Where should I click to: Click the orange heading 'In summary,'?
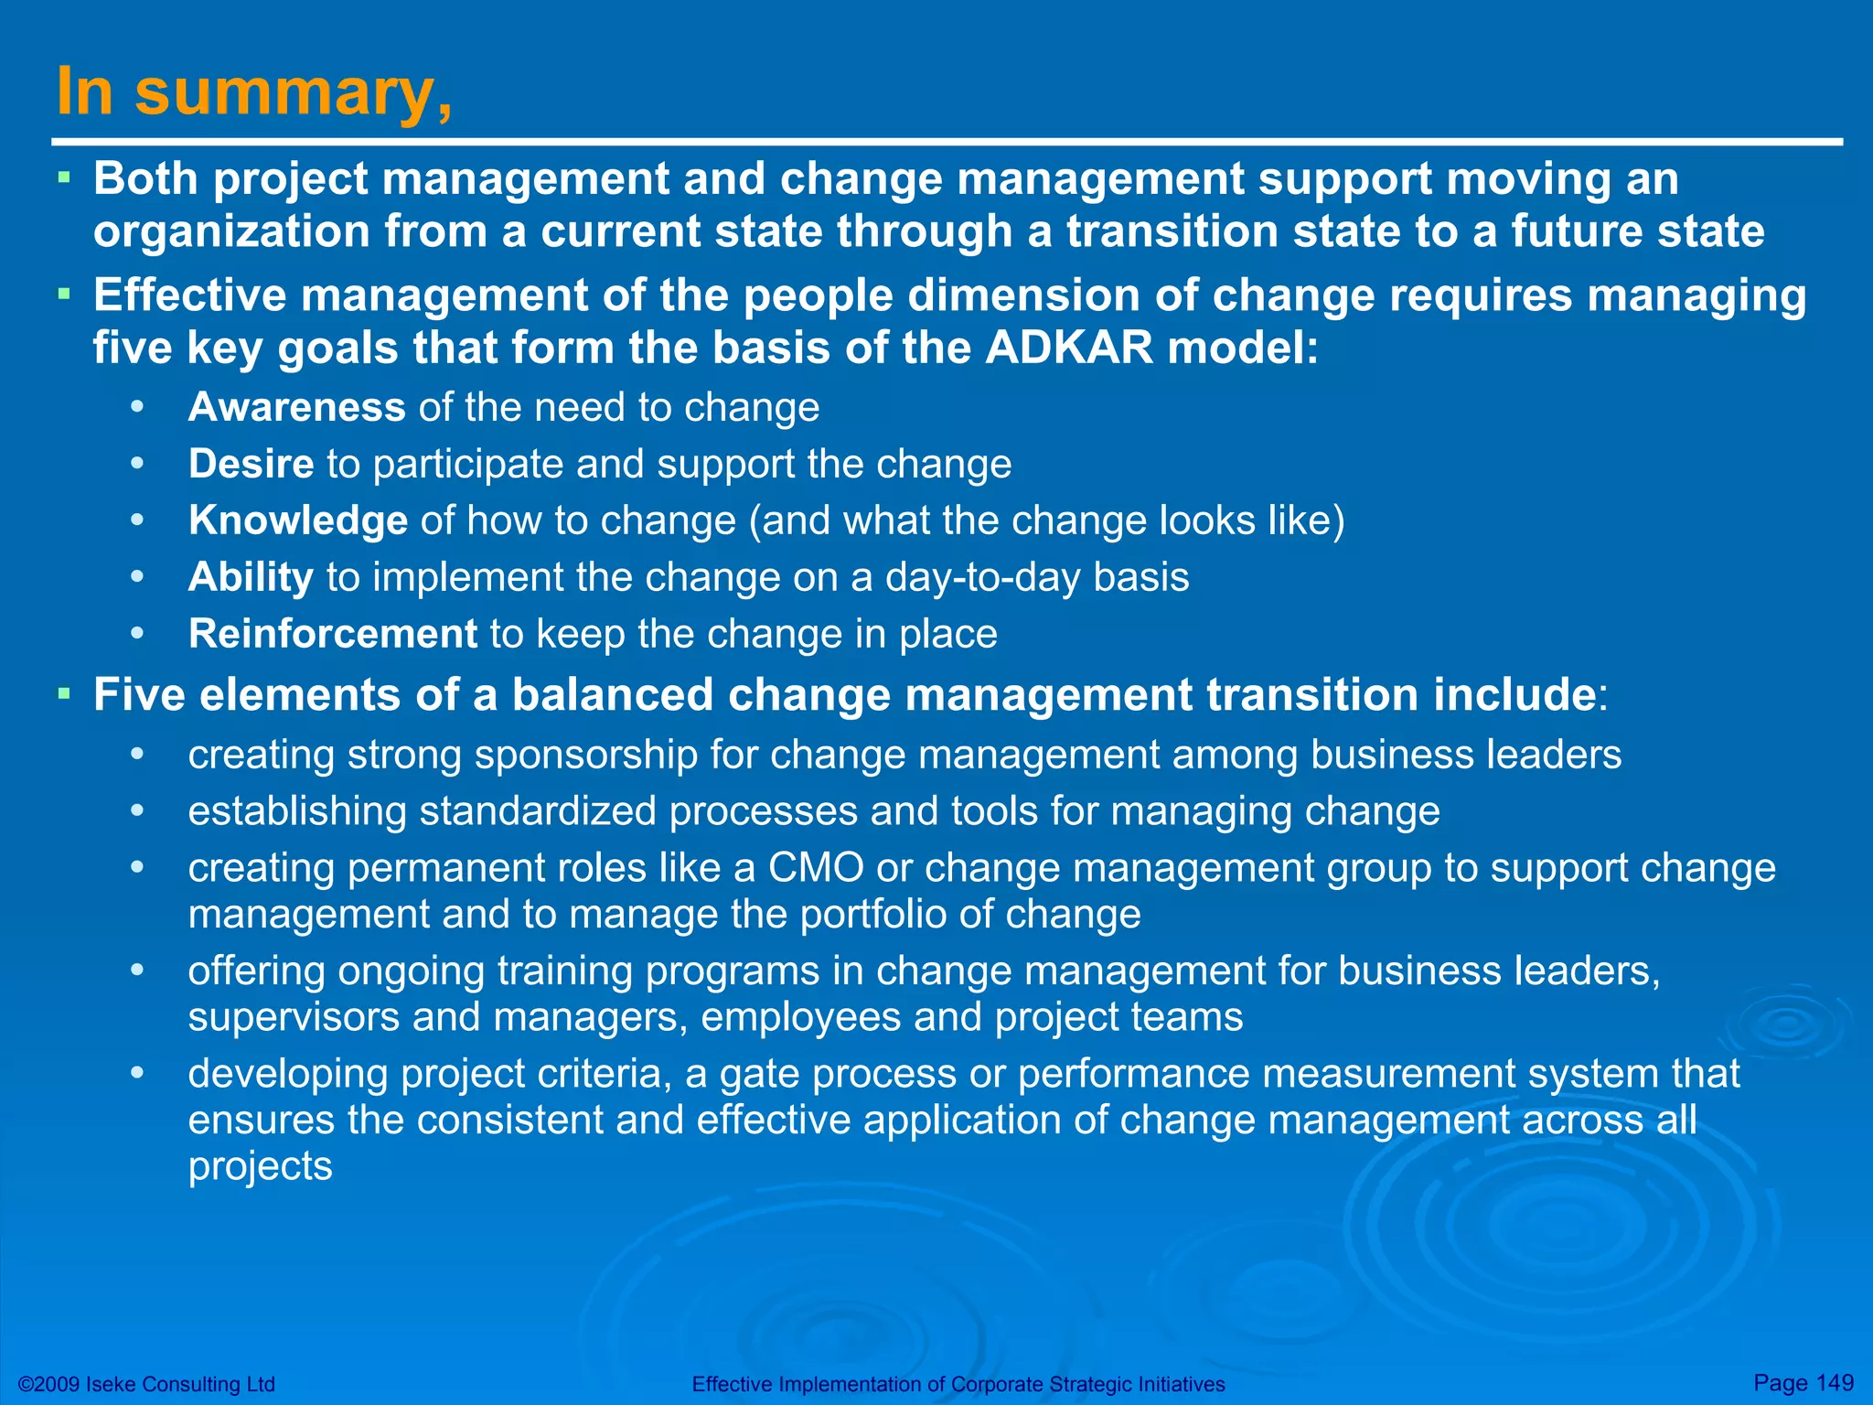tap(254, 92)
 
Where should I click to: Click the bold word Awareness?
tap(296, 407)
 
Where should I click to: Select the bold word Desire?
tap(251, 464)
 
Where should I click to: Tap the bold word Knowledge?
tap(298, 520)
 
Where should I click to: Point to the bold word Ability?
tap(251, 577)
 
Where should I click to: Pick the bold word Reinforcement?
tap(332, 634)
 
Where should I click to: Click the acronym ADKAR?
tap(1069, 348)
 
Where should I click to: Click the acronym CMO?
tap(816, 867)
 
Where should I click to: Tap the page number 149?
tap(1835, 1382)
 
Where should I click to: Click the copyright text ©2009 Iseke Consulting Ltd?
tap(146, 1384)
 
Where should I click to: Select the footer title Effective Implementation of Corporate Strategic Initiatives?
tap(958, 1384)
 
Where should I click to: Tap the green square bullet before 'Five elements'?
tap(63, 693)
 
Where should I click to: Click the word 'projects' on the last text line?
tap(260, 1166)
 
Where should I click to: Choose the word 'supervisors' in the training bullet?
tap(294, 1016)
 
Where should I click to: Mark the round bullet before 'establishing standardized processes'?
tap(137, 810)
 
